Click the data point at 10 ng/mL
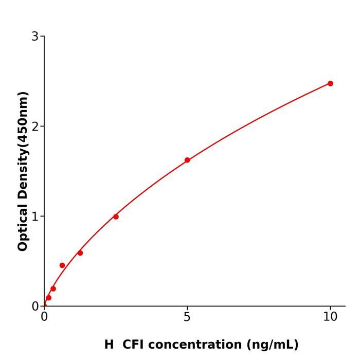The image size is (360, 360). pyautogui.click(x=330, y=83)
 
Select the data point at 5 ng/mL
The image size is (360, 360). pyautogui.click(x=187, y=160)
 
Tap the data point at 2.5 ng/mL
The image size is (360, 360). pyautogui.click(x=116, y=217)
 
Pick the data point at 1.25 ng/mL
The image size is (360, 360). pyautogui.click(x=80, y=253)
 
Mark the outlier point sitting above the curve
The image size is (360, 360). pyautogui.click(x=62, y=265)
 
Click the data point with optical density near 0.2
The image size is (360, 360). pyautogui.click(x=53, y=289)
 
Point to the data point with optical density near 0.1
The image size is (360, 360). pyautogui.click(x=48, y=298)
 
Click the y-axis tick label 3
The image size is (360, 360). pyautogui.click(x=35, y=36)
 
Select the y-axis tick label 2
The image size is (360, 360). pyautogui.click(x=35, y=126)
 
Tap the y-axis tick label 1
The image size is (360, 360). pyautogui.click(x=35, y=216)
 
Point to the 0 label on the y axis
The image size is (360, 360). pyautogui.click(x=35, y=306)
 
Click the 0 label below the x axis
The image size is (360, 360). pyautogui.click(x=44, y=317)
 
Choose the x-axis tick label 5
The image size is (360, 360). pyautogui.click(x=187, y=317)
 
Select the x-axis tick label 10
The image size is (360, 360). pyautogui.click(x=330, y=317)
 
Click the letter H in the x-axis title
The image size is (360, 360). pyautogui.click(x=109, y=345)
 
